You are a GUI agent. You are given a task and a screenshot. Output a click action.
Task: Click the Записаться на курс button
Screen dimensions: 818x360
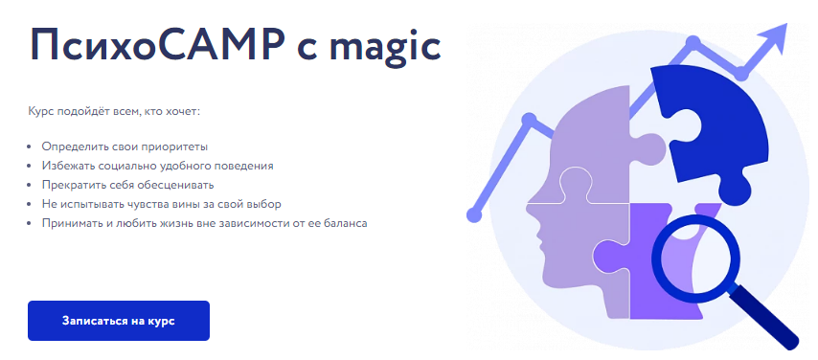[x=119, y=321]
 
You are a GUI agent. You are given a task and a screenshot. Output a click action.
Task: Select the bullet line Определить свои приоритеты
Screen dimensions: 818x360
[x=125, y=146]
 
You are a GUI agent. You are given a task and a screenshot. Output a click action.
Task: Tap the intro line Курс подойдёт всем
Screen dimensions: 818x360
[x=115, y=112]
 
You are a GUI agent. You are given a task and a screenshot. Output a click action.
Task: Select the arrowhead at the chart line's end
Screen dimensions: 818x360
[x=772, y=36]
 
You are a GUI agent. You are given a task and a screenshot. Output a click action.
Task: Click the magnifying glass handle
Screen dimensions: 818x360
[x=765, y=317]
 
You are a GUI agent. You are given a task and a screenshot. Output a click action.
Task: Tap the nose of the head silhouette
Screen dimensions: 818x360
[x=530, y=206]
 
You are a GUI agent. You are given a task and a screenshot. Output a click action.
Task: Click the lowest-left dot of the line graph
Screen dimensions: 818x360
[x=474, y=214]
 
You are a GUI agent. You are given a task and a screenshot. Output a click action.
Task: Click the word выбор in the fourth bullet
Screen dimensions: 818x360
[x=266, y=205]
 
